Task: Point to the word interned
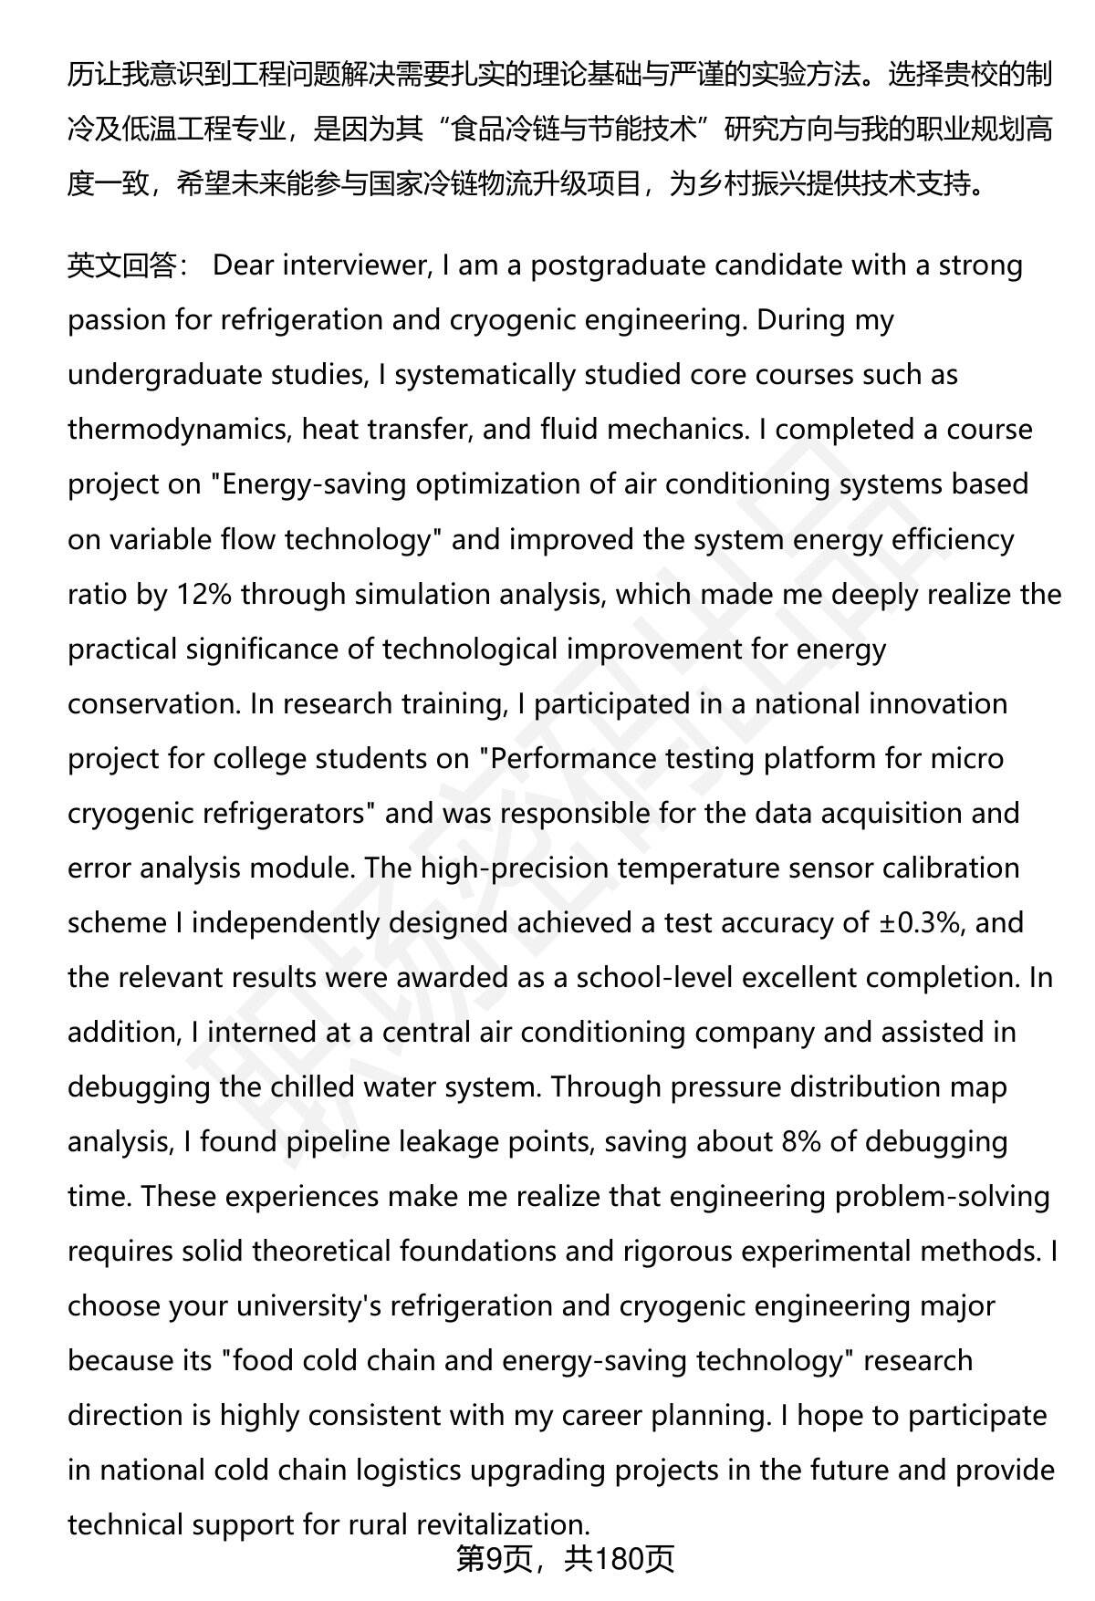(261, 1032)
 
